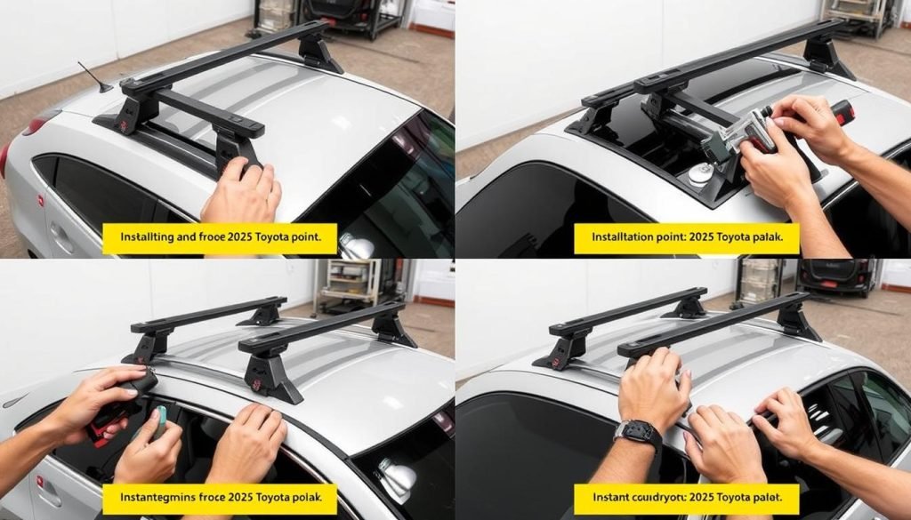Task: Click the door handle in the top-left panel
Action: click(60, 232)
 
